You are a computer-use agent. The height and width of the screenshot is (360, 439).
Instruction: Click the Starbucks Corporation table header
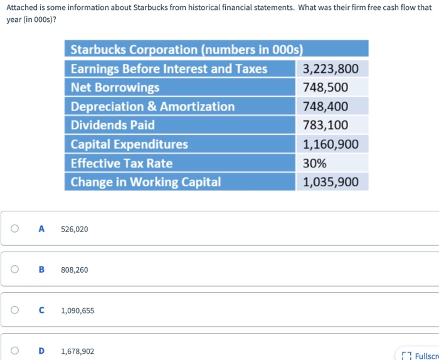tap(187, 50)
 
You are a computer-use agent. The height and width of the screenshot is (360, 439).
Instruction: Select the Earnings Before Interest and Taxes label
tap(169, 69)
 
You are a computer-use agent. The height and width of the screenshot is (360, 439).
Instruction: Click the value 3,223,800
tap(331, 69)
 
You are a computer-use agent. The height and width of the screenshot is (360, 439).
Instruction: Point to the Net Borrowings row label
tap(115, 88)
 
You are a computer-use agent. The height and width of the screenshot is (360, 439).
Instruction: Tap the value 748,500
tap(325, 88)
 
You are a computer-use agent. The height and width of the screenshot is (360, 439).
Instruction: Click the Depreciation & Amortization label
tap(152, 107)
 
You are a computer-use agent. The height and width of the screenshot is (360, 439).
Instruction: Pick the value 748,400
tap(325, 107)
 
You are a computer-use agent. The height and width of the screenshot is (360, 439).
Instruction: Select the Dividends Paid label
tap(112, 125)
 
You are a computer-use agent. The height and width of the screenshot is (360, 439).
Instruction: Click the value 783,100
tap(325, 125)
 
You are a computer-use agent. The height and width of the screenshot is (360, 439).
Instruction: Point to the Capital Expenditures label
tap(129, 144)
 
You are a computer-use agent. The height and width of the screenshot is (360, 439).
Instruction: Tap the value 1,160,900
tap(331, 144)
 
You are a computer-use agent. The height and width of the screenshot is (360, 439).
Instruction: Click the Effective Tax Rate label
tap(122, 163)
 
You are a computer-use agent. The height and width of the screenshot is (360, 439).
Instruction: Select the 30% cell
tap(315, 163)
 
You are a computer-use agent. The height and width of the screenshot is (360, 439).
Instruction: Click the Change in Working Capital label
tap(145, 182)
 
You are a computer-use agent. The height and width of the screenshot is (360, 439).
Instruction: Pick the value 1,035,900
tap(331, 182)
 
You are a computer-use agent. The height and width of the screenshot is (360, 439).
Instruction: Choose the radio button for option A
tap(14, 229)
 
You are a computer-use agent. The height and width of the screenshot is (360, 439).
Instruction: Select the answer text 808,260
tap(75, 270)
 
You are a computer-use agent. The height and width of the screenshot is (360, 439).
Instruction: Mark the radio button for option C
tap(14, 310)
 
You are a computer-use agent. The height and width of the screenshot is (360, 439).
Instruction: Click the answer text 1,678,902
tap(78, 351)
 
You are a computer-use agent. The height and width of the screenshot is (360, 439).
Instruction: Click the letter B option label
tap(41, 270)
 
